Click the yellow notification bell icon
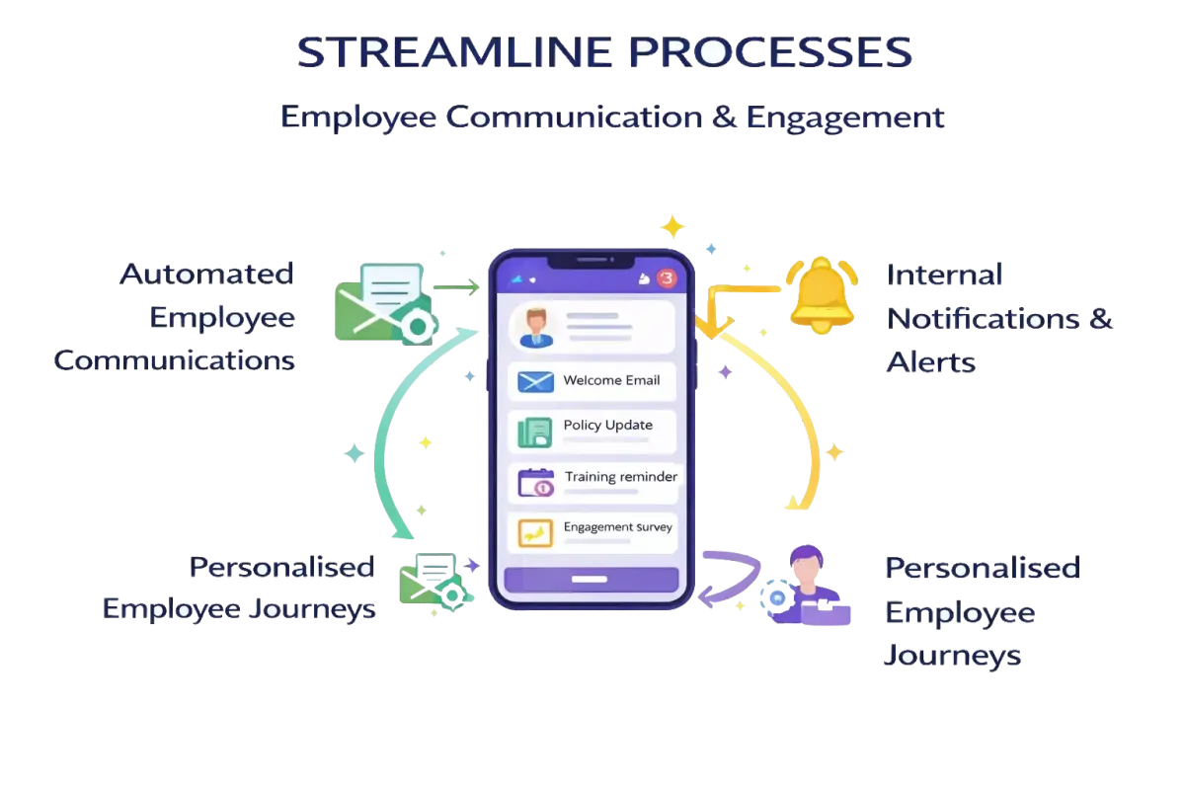click(x=822, y=293)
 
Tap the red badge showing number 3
click(x=668, y=278)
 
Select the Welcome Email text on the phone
click(x=611, y=380)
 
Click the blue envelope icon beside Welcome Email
click(x=535, y=381)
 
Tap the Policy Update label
click(x=607, y=425)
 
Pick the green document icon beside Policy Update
click(x=535, y=432)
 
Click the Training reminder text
click(x=620, y=477)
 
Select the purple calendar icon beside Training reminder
click(x=536, y=483)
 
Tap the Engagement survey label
click(x=617, y=527)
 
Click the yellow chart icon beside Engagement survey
click(x=535, y=533)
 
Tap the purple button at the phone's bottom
click(x=591, y=580)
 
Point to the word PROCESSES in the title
click(x=770, y=53)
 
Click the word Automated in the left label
click(x=206, y=274)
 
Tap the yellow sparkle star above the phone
click(x=672, y=227)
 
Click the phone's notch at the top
click(x=592, y=262)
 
